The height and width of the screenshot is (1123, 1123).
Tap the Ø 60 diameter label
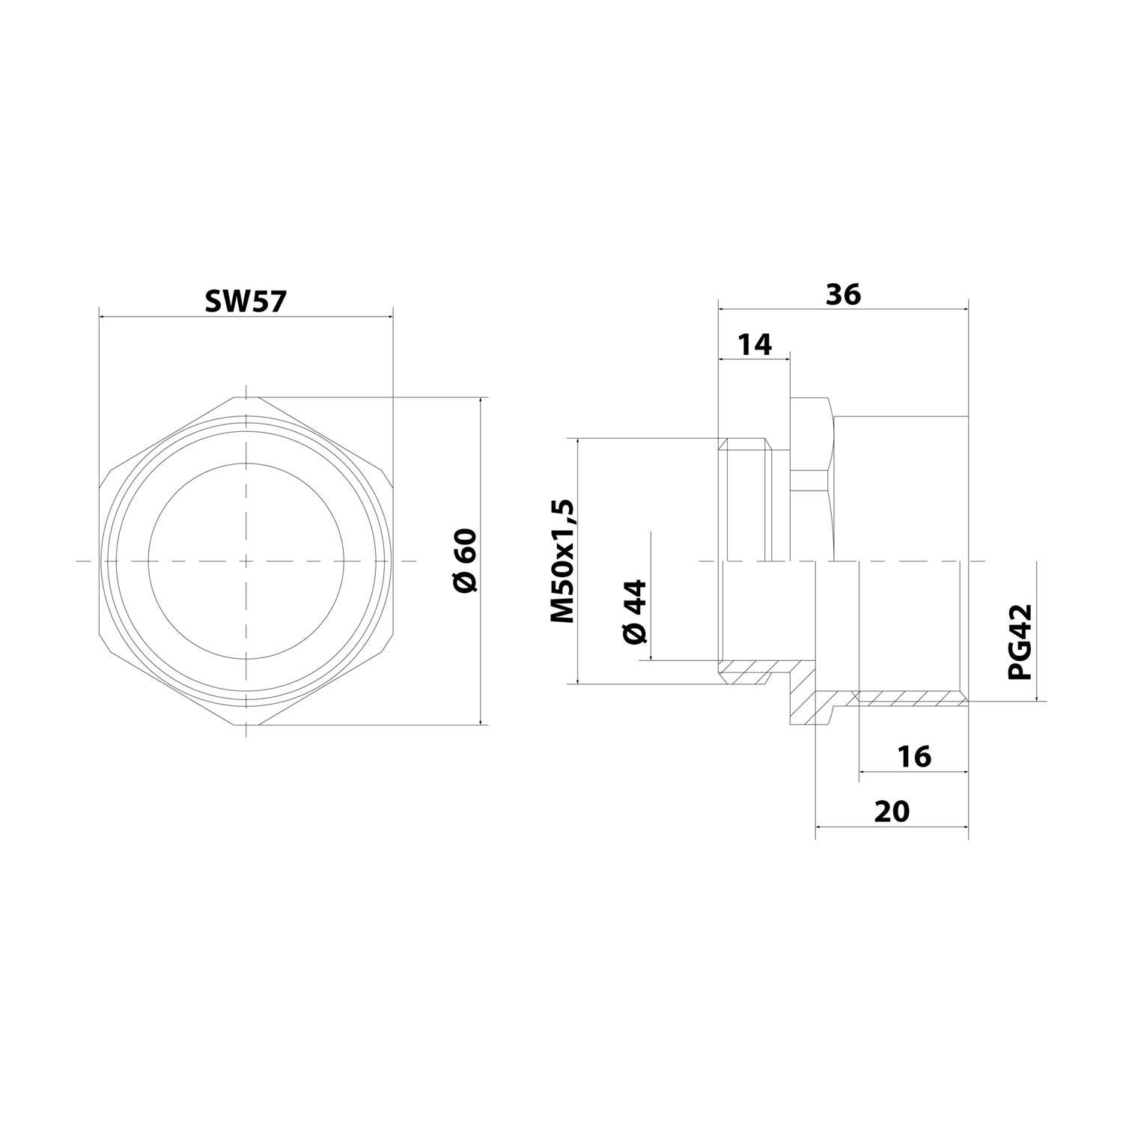[464, 561]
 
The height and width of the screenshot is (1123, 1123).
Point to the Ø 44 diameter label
[634, 611]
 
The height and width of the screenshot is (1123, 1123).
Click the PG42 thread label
[1020, 642]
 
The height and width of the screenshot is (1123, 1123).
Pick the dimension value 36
[843, 294]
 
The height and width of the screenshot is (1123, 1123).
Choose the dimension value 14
[754, 345]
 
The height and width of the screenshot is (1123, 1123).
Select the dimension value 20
[891, 811]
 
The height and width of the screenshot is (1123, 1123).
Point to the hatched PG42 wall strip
[910, 698]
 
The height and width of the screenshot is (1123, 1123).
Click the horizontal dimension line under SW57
[245, 317]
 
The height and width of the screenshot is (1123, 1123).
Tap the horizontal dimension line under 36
[843, 308]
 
